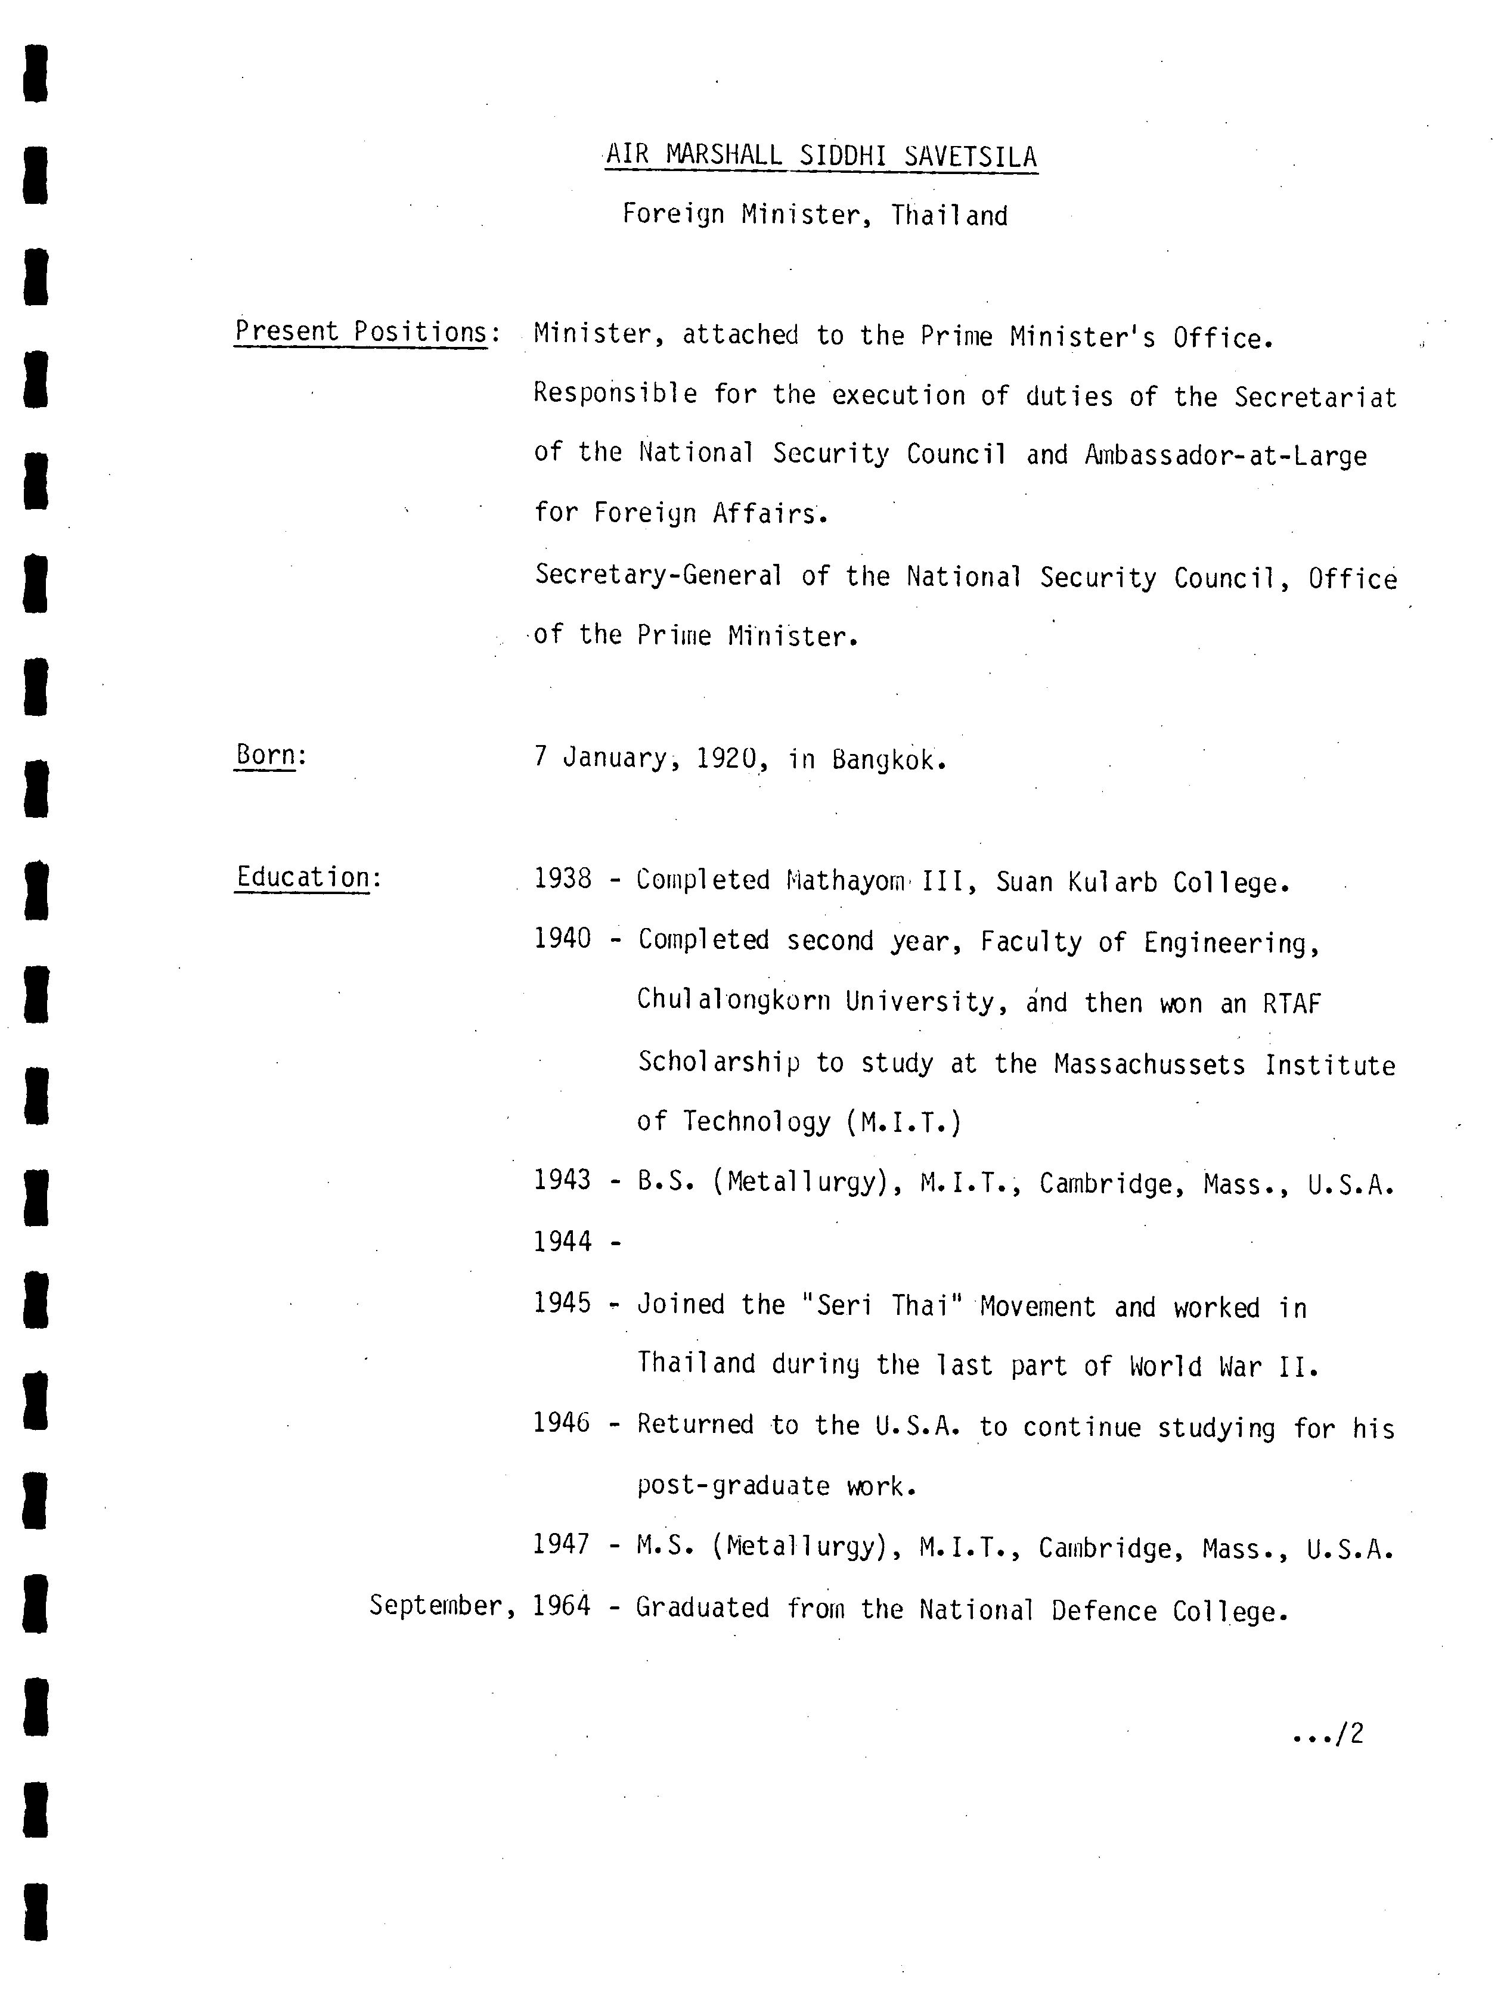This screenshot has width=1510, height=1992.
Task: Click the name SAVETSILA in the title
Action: [970, 157]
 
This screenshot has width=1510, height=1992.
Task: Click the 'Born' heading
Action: [265, 755]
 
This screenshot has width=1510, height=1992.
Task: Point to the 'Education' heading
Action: [303, 877]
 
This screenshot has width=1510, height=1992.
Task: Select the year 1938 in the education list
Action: [563, 879]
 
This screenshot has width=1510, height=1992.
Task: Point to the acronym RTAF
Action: [1291, 1003]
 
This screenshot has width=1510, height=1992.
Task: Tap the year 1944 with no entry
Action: [563, 1242]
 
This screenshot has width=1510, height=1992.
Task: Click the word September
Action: [437, 1606]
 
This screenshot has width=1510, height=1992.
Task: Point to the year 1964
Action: [562, 1606]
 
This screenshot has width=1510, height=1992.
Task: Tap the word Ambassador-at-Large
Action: [1226, 455]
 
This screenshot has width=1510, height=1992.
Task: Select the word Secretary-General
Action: [658, 575]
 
